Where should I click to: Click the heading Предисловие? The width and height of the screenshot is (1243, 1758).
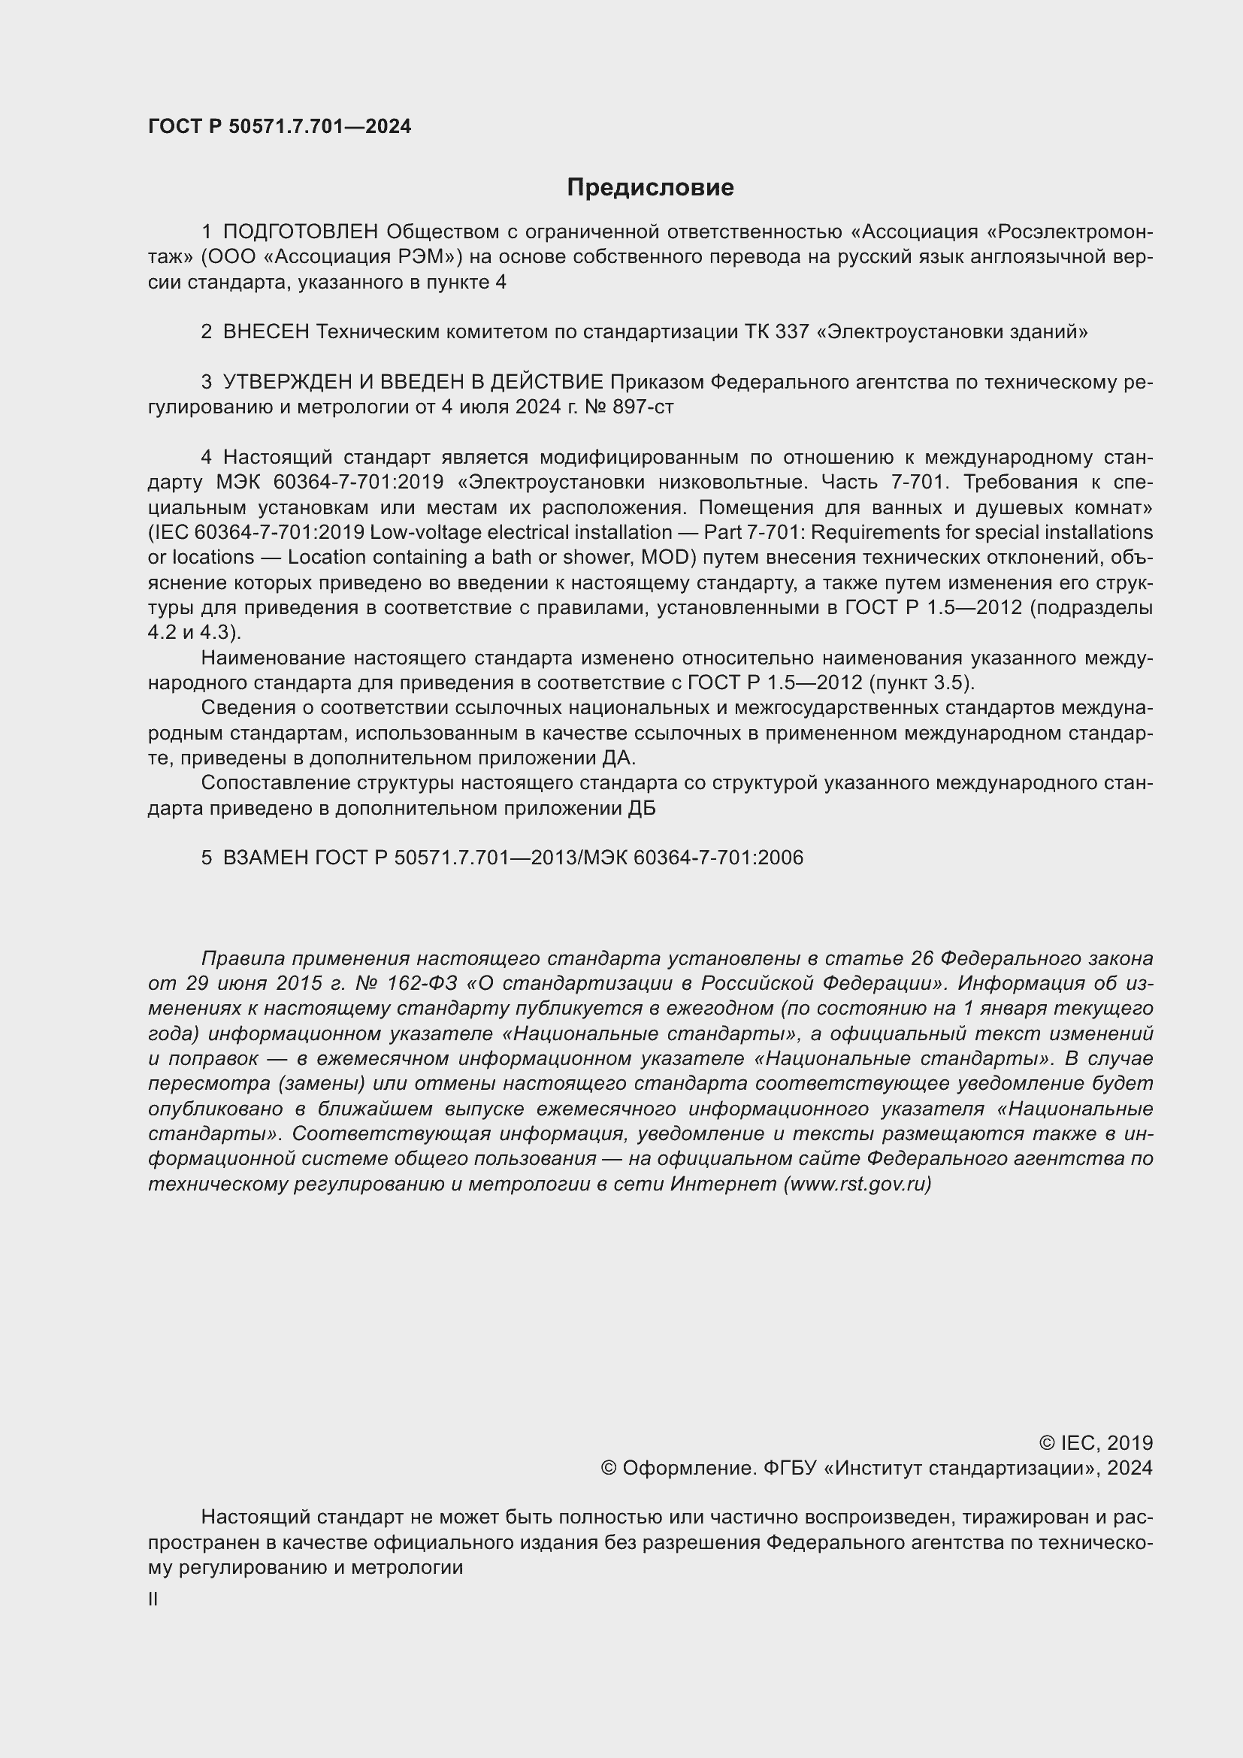click(x=650, y=187)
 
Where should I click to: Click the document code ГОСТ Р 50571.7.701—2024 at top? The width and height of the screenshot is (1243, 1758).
click(x=280, y=126)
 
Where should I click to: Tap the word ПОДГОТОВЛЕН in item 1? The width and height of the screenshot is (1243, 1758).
click(x=301, y=231)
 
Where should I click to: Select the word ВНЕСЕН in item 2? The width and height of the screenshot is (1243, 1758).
click(x=265, y=331)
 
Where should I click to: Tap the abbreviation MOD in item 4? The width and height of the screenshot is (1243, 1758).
click(x=665, y=557)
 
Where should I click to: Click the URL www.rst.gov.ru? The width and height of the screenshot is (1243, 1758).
click(x=857, y=1184)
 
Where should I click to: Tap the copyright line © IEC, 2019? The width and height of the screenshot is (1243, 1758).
click(x=1095, y=1442)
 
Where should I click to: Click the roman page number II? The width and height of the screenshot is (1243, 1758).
click(x=153, y=1599)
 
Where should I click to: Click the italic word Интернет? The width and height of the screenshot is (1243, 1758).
click(x=723, y=1184)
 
